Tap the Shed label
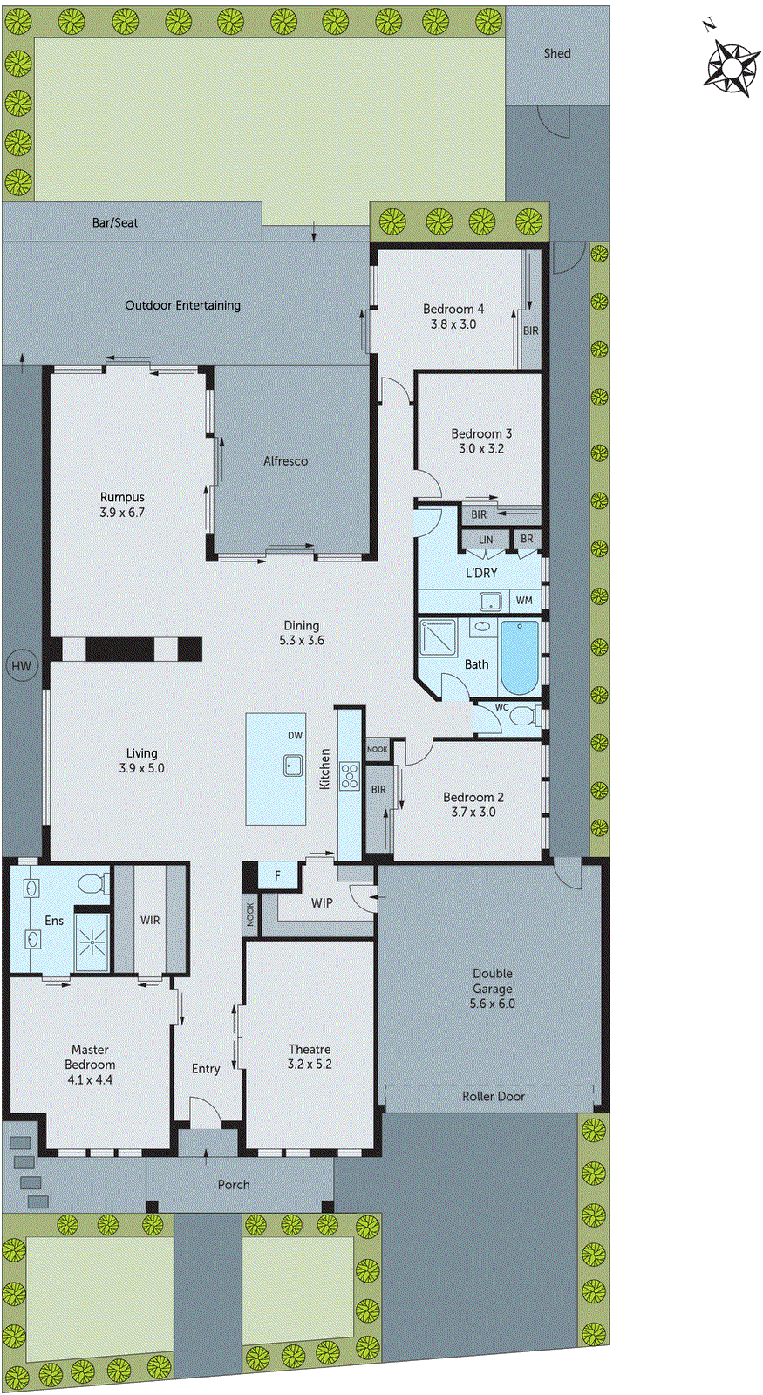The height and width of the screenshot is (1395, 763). (x=557, y=53)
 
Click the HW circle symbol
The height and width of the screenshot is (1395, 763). (x=21, y=667)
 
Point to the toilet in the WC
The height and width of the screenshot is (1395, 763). (x=523, y=717)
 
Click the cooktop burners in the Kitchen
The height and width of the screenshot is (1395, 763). (x=350, y=775)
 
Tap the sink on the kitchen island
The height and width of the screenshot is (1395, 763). (x=293, y=766)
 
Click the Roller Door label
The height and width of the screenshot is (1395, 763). (x=494, y=1096)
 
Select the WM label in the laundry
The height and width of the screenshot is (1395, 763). (x=523, y=601)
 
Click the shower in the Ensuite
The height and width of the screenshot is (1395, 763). (x=91, y=942)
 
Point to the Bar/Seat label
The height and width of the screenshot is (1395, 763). (x=115, y=222)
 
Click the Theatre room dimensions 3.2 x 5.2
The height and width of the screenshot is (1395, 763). (x=310, y=1065)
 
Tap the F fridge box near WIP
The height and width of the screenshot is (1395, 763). (x=277, y=875)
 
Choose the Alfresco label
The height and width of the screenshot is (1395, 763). (x=286, y=461)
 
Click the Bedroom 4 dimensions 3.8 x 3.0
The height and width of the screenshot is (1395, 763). (x=453, y=323)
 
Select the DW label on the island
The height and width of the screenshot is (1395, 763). (x=296, y=736)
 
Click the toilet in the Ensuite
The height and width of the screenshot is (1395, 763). (x=91, y=884)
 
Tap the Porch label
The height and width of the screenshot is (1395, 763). (x=234, y=1185)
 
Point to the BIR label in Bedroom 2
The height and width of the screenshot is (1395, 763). (x=378, y=790)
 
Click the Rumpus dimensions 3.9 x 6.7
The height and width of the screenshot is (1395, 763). (x=122, y=513)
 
